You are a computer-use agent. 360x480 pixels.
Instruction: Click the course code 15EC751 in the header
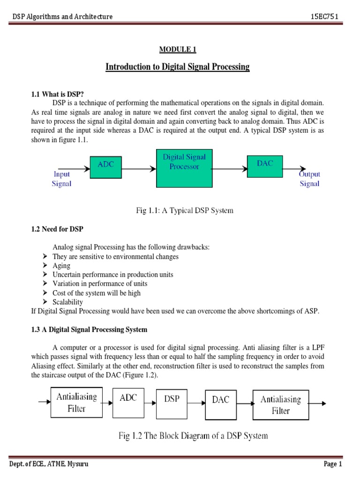324,17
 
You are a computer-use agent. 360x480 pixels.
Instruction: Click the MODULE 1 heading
178,49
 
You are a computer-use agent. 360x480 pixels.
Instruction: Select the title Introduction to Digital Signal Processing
178,67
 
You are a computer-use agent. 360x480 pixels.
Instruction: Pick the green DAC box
264,168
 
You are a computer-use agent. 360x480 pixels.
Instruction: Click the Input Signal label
61,179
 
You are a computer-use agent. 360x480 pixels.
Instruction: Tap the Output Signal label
310,179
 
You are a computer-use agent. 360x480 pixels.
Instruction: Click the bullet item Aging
61,265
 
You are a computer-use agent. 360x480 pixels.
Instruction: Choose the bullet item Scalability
67,302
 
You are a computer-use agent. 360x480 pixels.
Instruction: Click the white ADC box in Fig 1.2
128,403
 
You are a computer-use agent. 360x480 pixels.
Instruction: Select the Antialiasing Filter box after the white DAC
281,404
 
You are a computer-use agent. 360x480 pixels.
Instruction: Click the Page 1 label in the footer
333,464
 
